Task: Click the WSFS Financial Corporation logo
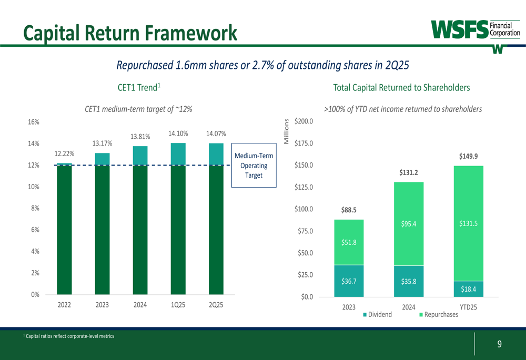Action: tap(476, 30)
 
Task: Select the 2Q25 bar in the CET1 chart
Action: tap(216, 221)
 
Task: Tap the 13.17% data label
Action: tap(103, 143)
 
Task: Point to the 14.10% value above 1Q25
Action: tap(178, 133)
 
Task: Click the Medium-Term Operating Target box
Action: tap(254, 166)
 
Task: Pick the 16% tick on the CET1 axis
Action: tap(33, 122)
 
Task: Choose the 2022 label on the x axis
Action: tap(64, 305)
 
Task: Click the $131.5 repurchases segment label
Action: tap(468, 223)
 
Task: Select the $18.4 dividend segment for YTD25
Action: tap(468, 289)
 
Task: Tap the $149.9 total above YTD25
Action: tap(468, 156)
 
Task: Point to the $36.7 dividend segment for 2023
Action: tap(349, 281)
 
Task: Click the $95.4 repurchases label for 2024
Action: tap(409, 224)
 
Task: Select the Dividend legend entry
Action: tap(377, 315)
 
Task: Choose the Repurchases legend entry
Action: tap(438, 315)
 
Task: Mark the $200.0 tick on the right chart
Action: tap(304, 121)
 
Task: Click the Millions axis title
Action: tap(287, 132)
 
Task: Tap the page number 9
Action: tap(499, 344)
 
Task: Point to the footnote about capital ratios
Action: tap(68, 336)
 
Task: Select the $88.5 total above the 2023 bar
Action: tap(349, 210)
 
